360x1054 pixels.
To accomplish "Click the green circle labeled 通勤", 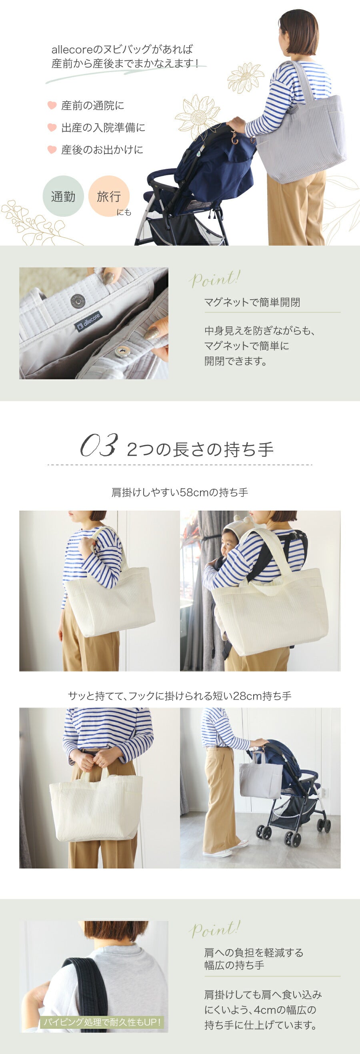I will click(63, 196).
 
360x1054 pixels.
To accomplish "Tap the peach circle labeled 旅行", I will click(109, 196).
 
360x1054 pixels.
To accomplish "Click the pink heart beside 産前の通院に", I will click(52, 105).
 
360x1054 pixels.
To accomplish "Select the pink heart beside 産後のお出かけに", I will click(52, 149).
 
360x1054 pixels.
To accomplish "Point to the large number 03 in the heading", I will click(98, 445).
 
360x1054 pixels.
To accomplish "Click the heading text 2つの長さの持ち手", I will click(200, 449).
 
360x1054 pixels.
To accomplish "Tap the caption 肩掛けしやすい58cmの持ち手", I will click(180, 492).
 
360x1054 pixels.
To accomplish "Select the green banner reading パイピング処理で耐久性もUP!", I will click(102, 1022).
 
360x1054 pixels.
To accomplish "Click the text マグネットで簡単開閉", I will click(252, 302).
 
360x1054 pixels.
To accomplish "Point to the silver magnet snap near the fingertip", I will click(122, 351).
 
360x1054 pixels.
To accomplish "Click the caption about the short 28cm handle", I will click(180, 696).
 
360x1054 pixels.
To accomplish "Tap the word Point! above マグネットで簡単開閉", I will click(214, 279).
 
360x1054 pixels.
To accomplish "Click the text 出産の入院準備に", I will click(103, 128).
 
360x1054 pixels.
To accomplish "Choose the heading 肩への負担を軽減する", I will click(254, 952).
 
